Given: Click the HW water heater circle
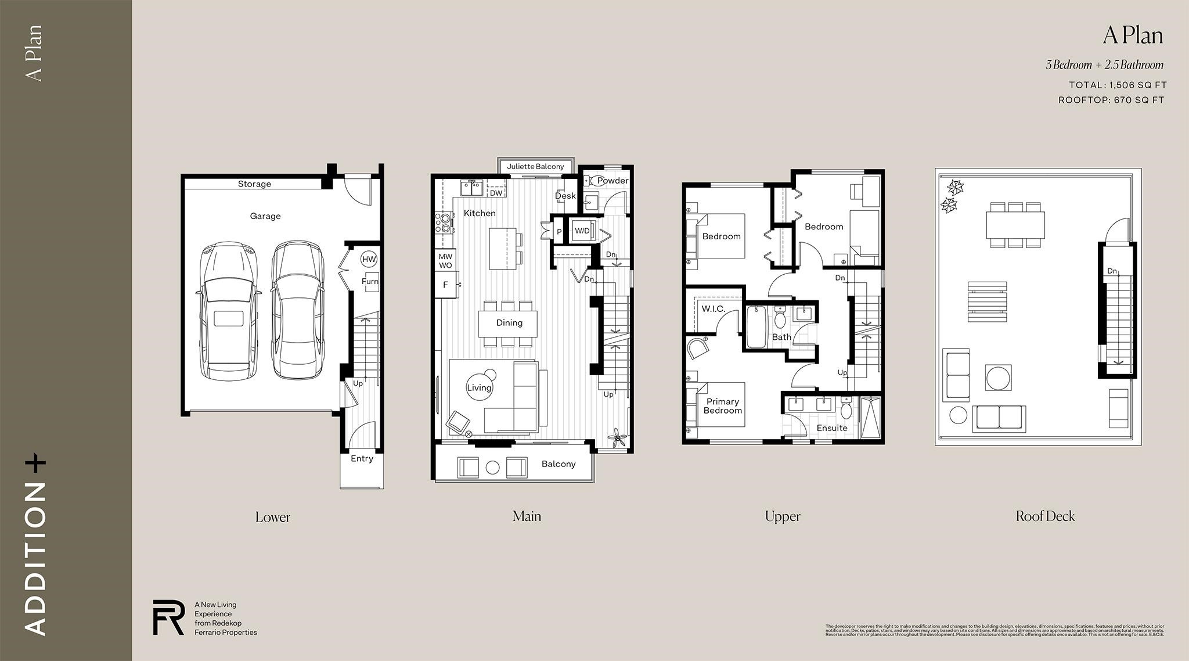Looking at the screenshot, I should [x=369, y=259].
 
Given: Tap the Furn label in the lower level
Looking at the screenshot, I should [x=370, y=281].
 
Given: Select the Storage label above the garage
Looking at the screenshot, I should [x=254, y=184].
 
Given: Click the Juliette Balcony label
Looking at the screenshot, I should [x=535, y=167].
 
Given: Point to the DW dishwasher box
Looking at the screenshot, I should [x=496, y=193].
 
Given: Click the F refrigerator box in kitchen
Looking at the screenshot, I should [x=446, y=285].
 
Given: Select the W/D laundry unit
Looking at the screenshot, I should [x=582, y=231].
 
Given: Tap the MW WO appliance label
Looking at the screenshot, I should [x=445, y=261].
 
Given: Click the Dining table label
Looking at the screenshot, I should [x=509, y=323].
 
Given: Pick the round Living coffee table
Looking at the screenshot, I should [x=479, y=387].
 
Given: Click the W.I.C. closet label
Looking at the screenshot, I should [x=713, y=309].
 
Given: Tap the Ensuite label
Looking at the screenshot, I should [x=832, y=428].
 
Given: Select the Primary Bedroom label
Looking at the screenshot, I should [x=723, y=406].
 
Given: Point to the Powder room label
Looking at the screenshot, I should [x=612, y=181].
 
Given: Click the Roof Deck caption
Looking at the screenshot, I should [x=1045, y=516].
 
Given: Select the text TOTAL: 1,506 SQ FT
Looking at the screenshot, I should [x=1118, y=85].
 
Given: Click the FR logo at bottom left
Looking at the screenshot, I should [x=168, y=617].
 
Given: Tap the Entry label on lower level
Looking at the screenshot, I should [x=362, y=459].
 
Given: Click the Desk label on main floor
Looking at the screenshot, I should [x=565, y=196].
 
